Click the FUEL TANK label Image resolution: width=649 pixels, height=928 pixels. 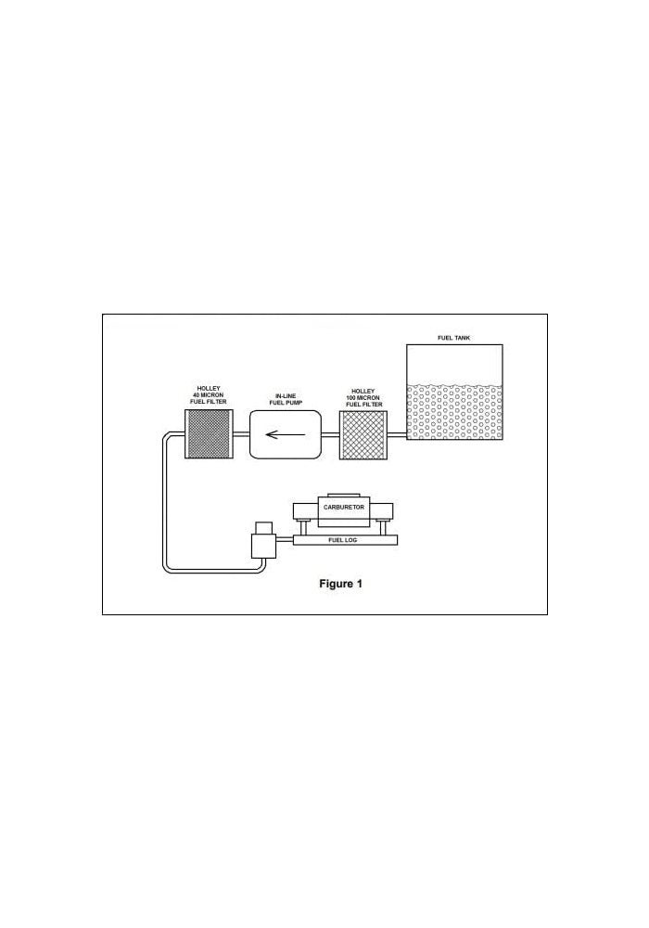tap(454, 338)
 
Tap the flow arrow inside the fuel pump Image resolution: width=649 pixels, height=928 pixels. tap(286, 435)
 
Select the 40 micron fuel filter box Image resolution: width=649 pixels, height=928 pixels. tap(208, 432)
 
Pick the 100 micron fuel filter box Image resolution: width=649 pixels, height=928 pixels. tap(363, 435)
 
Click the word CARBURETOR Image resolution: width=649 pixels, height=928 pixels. tap(344, 508)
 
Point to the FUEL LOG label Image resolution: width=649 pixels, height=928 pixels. tap(343, 540)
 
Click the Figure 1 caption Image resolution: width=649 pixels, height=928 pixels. tap(340, 584)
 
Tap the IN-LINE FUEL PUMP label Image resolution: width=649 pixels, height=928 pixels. tap(286, 399)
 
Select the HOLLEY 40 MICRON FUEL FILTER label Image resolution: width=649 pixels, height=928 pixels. tap(208, 394)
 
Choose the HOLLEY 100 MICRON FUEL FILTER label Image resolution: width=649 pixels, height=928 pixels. tap(364, 398)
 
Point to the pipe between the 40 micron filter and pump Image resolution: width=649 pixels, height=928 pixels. tap(240, 435)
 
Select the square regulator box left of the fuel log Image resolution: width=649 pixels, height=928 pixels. tap(263, 546)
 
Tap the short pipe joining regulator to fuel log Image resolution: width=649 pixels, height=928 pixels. tap(285, 539)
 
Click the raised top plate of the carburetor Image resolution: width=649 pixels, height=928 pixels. tap(343, 495)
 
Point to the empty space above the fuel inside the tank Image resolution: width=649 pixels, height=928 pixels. tap(454, 364)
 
